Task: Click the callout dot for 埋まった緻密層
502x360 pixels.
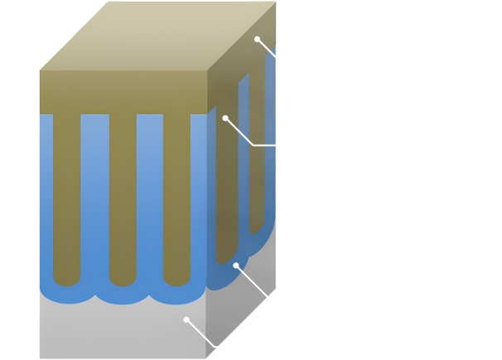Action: click(258, 38)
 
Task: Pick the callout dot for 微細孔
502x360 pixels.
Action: click(224, 118)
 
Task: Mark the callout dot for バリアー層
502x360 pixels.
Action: click(237, 266)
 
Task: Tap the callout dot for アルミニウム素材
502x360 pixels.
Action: click(187, 319)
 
